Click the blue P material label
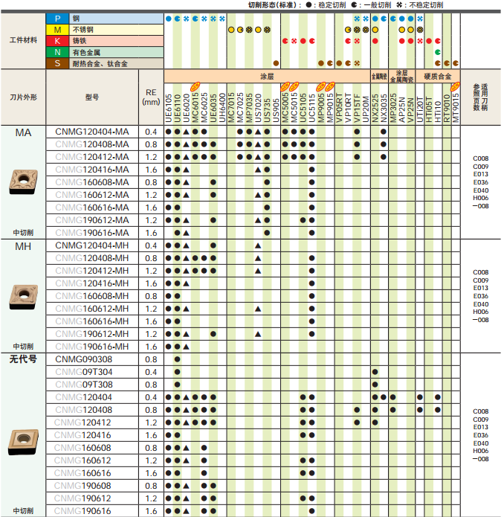tap(57, 16)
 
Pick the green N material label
tap(57, 52)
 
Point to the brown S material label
tap(57, 64)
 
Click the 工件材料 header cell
tap(23, 40)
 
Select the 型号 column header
tap(92, 97)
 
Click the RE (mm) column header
tap(151, 97)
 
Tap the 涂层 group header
tap(266, 76)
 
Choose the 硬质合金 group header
tap(438, 76)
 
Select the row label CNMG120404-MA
tap(92, 132)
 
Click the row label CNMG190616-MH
tap(92, 347)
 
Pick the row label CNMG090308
tap(83, 359)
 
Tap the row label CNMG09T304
tap(83, 372)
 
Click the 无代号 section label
tap(23, 359)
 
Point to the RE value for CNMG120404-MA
tap(151, 132)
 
